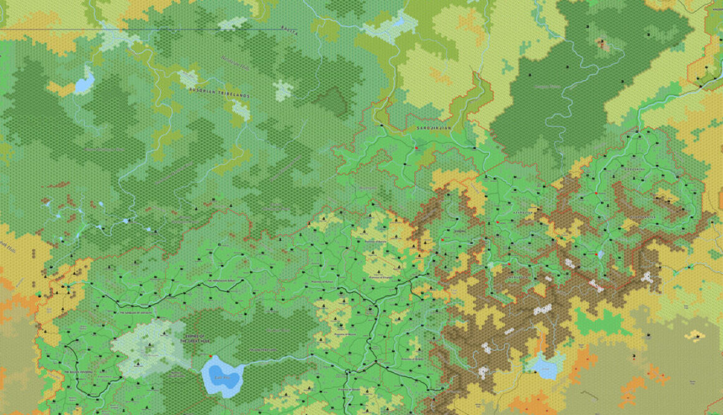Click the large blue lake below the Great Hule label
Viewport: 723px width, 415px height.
point(221,376)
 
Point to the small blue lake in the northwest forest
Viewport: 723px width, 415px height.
point(84,82)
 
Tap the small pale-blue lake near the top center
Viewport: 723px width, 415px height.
point(395,25)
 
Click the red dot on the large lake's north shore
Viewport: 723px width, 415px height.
point(212,356)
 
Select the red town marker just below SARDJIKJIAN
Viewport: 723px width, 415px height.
point(416,148)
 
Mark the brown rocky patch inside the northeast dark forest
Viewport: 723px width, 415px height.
point(602,44)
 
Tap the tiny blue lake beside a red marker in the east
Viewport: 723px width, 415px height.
point(600,254)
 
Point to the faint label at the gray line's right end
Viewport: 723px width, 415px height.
point(288,29)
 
